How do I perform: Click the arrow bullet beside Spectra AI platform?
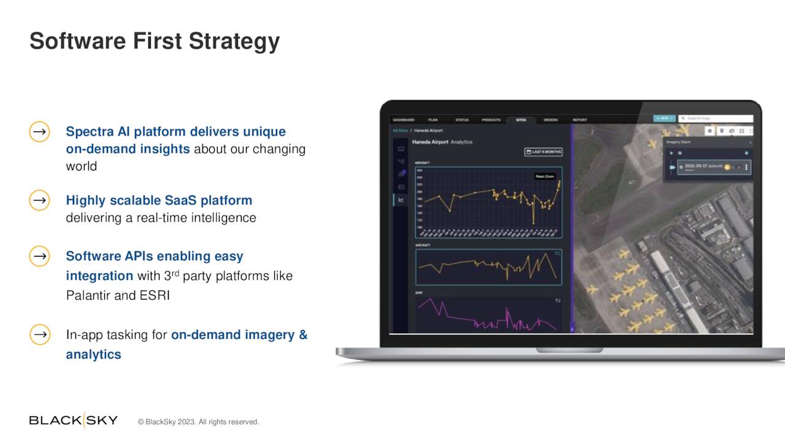tap(39, 132)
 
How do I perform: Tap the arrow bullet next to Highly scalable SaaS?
tap(39, 200)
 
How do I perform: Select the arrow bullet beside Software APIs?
tap(39, 256)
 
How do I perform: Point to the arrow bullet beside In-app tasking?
tap(39, 335)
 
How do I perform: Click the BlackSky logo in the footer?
tap(73, 421)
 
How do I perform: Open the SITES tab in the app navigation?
tap(521, 120)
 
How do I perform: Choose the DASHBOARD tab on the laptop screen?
tap(404, 120)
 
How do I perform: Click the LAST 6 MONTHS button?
tap(543, 152)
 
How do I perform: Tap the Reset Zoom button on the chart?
tap(545, 176)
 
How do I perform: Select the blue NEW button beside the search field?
tap(664, 118)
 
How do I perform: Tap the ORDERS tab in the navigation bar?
tap(550, 120)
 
